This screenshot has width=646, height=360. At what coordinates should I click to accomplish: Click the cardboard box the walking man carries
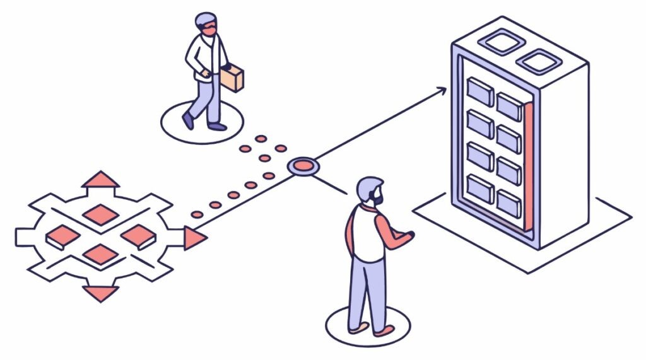[232, 78]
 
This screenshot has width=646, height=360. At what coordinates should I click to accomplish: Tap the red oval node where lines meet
[303, 167]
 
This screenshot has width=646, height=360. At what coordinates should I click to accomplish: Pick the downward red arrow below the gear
[100, 292]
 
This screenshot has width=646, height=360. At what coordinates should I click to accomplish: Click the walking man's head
[206, 24]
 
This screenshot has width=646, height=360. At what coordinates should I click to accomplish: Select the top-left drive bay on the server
[480, 91]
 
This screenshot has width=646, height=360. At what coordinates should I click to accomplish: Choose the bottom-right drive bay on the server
[509, 203]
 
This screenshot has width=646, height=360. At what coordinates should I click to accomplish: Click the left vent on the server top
[504, 43]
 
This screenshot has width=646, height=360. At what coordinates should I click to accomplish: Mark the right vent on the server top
[539, 61]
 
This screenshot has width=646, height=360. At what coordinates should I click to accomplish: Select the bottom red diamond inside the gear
[100, 255]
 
